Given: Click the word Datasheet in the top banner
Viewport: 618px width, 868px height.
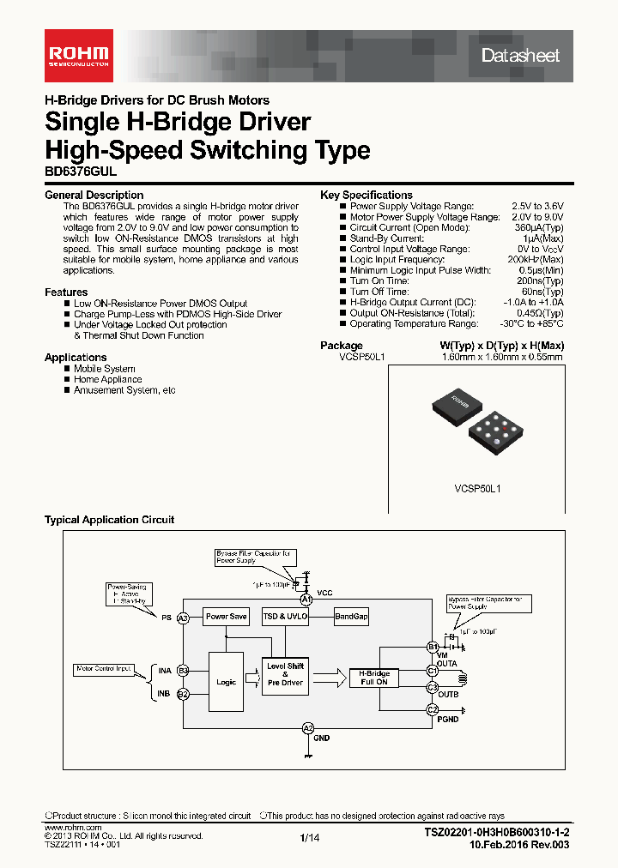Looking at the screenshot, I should click(520, 56).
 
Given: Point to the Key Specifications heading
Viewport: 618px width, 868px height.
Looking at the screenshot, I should click(367, 195).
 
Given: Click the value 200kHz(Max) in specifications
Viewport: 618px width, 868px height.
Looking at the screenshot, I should click(536, 259).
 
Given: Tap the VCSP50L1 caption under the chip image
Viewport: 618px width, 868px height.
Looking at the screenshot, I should click(477, 488).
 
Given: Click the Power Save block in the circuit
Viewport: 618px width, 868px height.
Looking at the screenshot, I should click(226, 617).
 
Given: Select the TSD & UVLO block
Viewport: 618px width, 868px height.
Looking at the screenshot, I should click(286, 617).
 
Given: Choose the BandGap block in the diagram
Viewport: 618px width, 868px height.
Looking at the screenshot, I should click(351, 617).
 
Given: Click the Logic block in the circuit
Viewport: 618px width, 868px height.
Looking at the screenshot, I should click(226, 682).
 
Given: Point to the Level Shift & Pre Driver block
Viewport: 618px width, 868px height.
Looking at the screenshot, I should click(285, 674).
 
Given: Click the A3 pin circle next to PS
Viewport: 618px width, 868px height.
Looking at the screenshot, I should click(183, 618).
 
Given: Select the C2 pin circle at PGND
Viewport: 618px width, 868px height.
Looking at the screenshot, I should click(432, 709).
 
